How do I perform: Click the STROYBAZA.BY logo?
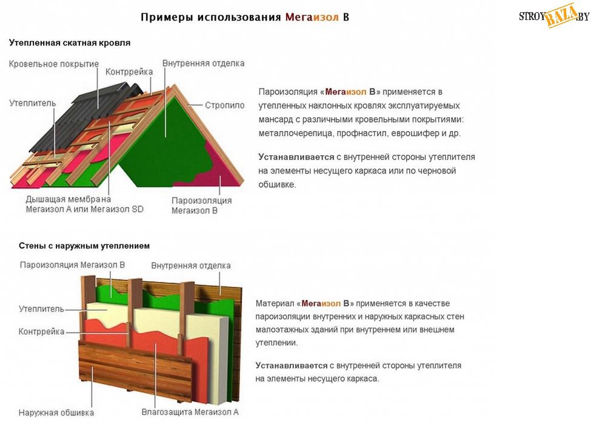pos(553,17)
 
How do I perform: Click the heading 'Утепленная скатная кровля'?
pos(70,43)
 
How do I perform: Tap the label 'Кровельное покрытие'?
pos(53,64)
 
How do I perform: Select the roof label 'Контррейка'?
pos(129,72)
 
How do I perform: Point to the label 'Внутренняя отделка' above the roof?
pos(203,63)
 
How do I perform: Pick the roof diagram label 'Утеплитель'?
pos(33,103)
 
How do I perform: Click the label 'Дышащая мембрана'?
pos(68,199)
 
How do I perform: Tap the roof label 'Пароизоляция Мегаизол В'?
pos(201,205)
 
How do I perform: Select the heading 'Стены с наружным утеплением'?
pos(84,246)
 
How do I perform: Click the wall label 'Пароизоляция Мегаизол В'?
pos(72,264)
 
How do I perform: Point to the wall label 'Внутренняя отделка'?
pos(191,266)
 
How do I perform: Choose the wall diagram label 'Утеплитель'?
pos(41,309)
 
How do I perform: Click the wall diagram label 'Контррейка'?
pos(41,332)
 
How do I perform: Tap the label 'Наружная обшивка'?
pos(56,413)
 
